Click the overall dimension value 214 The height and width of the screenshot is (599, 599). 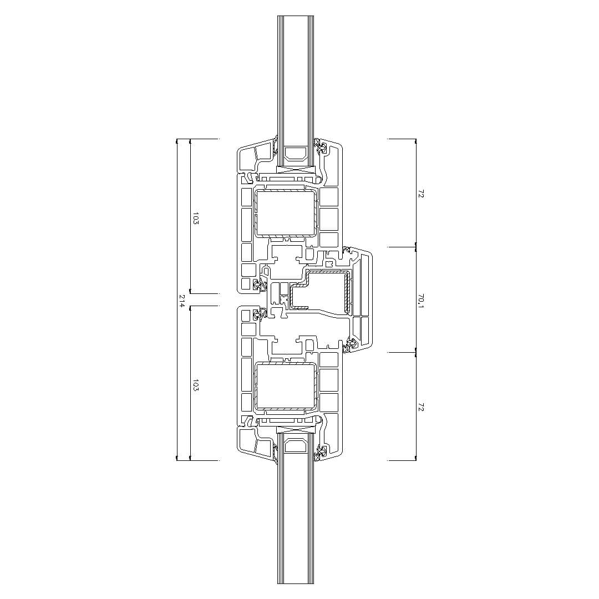coord(182,300)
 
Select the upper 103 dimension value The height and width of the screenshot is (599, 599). coord(196,218)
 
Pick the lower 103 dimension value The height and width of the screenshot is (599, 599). coord(196,385)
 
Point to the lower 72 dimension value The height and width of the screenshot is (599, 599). coord(421,408)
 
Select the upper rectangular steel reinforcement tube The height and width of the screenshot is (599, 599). coord(286,212)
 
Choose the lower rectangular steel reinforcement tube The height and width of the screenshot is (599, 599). coord(286,387)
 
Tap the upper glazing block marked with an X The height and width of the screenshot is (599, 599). coord(295,171)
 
